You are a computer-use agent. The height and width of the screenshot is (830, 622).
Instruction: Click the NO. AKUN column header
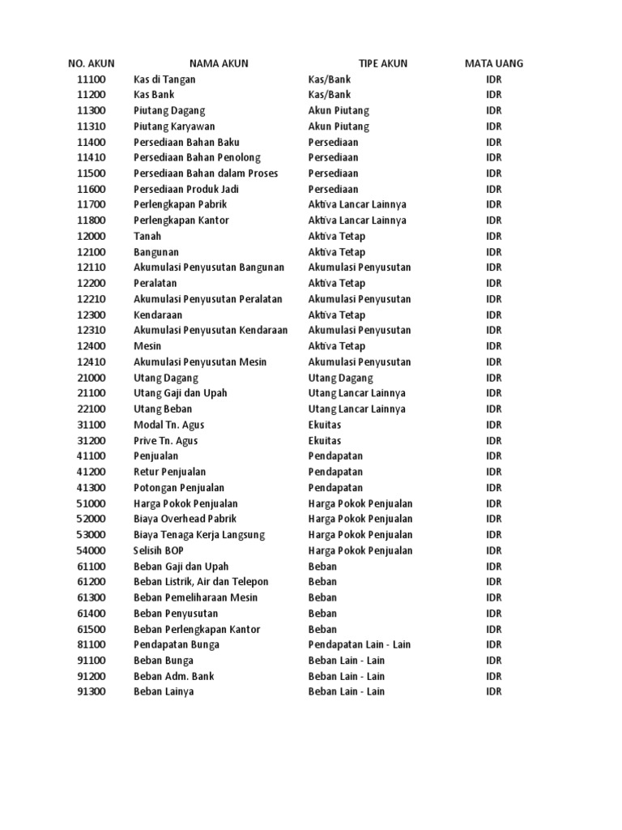click(92, 63)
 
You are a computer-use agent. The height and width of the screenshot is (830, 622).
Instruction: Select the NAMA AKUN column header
click(219, 63)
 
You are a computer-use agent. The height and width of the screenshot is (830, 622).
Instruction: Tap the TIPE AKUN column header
click(383, 63)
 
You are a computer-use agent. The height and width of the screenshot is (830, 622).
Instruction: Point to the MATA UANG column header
click(494, 63)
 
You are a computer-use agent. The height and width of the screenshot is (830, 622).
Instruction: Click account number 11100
click(92, 79)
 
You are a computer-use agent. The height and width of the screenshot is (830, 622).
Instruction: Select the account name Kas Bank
click(154, 95)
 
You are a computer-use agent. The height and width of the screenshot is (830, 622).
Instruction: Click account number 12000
click(92, 236)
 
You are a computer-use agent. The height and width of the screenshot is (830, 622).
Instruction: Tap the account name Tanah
click(147, 236)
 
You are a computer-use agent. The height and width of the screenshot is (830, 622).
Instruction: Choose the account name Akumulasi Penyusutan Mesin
click(200, 362)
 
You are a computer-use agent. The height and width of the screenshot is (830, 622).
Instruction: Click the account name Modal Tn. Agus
click(168, 425)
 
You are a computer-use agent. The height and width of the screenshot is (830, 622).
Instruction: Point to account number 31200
click(92, 440)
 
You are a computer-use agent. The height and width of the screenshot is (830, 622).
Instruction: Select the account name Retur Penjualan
click(169, 472)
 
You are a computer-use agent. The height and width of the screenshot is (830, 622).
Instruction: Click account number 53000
click(92, 534)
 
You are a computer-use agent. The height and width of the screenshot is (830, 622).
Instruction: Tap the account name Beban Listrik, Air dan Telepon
click(201, 581)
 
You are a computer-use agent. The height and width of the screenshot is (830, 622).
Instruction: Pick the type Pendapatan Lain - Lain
click(360, 644)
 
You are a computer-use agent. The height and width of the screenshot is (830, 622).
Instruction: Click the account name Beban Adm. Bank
click(174, 676)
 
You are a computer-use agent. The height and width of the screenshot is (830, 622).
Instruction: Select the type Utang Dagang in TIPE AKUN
click(341, 378)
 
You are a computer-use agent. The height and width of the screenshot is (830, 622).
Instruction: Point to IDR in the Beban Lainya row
click(494, 691)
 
